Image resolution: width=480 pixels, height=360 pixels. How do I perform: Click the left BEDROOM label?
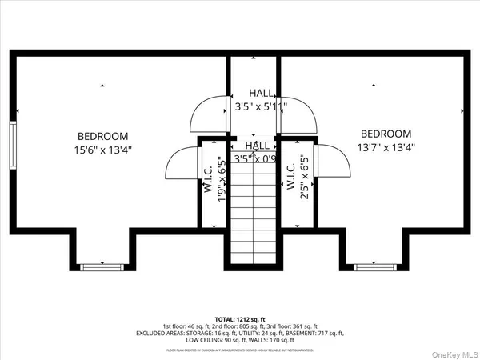[102, 136]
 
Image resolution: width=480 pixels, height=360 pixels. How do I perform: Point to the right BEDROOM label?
[386, 134]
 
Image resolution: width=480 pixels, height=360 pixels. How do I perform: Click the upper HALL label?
[261, 93]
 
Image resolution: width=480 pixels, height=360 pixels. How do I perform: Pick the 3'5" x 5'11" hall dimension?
[261, 106]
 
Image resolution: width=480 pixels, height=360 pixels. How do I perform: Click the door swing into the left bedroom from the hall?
[210, 114]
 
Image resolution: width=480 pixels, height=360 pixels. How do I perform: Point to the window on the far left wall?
[12, 143]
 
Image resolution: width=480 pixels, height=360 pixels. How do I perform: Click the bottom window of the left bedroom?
[102, 265]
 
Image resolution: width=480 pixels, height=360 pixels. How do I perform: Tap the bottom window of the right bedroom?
[376, 265]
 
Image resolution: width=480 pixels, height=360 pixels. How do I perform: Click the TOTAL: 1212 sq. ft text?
[239, 318]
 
